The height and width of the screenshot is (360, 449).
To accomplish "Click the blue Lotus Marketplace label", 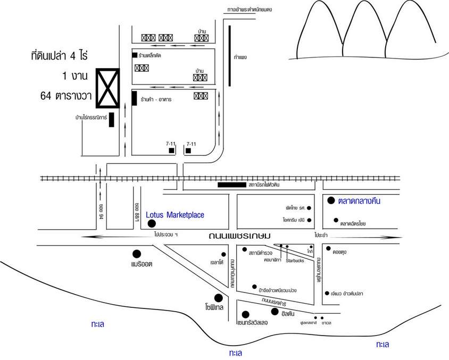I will (x=175, y=215).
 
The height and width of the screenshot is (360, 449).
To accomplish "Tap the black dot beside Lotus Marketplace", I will (x=152, y=224).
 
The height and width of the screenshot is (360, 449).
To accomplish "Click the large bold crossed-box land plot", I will (x=108, y=89).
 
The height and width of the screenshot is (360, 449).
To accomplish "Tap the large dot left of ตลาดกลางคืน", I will (x=331, y=200).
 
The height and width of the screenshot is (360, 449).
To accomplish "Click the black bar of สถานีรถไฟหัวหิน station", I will (x=232, y=185).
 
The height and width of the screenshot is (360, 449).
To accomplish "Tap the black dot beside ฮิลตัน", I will (x=275, y=312).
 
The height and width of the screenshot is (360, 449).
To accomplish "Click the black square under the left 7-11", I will (x=171, y=151).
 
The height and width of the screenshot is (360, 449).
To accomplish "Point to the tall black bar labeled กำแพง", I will (x=229, y=55).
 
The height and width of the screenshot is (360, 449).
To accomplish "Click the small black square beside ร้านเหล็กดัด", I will (x=135, y=55).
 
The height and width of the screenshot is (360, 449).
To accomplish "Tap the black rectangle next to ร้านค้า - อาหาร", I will (x=134, y=99).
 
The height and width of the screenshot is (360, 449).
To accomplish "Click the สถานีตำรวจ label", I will (x=261, y=253).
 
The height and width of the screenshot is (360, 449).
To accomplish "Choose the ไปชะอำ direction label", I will (x=321, y=235).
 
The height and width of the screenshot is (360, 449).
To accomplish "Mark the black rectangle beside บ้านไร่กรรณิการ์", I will (x=112, y=120).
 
